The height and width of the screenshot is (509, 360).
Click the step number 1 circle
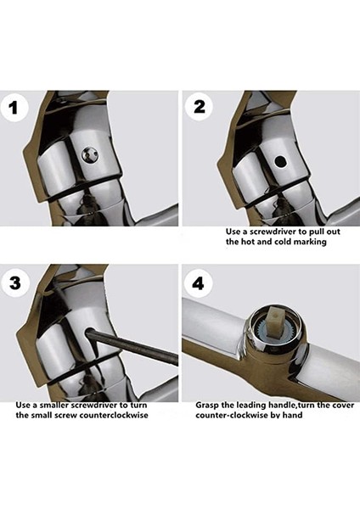coord(13,108)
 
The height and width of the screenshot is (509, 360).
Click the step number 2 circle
coord(200,107)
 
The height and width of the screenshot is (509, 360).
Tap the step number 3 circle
coord(14,282)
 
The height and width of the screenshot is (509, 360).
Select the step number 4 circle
coord(198,283)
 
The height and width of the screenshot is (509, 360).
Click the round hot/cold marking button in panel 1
coord(89,154)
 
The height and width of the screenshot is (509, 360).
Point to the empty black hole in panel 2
coord(280,161)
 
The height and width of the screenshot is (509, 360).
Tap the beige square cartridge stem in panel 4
coord(276,321)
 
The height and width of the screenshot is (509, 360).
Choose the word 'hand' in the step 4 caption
coord(292,415)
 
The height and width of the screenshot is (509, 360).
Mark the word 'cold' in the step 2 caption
coord(283,242)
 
